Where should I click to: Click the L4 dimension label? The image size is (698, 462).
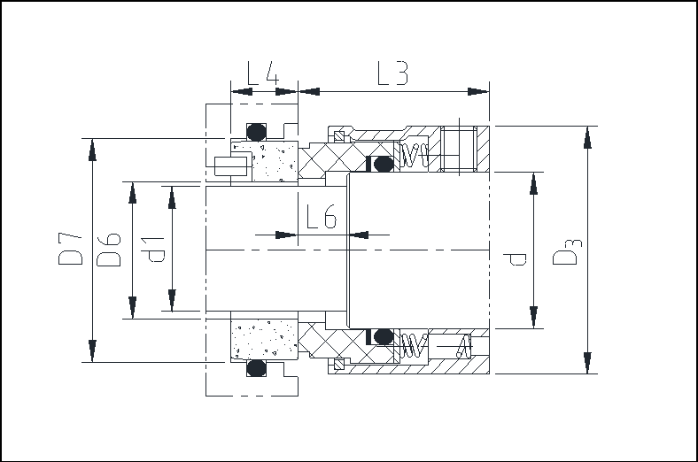pos(263,73)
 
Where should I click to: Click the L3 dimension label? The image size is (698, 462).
pos(392,73)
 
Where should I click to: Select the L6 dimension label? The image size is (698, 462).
pos(322,217)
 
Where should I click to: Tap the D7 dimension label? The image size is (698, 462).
pos(70,249)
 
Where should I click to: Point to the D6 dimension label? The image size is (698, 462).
pos(109,250)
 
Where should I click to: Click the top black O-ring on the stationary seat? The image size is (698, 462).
pos(256,132)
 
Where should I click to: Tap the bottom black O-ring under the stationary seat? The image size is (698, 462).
pos(256,368)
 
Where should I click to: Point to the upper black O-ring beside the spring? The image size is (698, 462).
pos(383,164)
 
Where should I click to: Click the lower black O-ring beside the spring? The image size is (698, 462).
pos(383,336)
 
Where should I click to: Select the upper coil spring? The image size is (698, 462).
pos(415,156)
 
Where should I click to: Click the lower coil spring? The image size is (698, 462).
pos(414,345)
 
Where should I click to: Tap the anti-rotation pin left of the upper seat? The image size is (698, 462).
pos(230,166)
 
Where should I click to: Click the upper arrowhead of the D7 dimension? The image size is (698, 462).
pos(92,150)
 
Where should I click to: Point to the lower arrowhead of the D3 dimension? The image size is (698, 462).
pos(587,362)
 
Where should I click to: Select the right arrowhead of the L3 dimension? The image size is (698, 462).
pos(478,91)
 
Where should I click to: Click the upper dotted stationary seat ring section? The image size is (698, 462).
pos(265,161)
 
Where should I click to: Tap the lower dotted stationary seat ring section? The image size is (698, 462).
pos(265,338)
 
